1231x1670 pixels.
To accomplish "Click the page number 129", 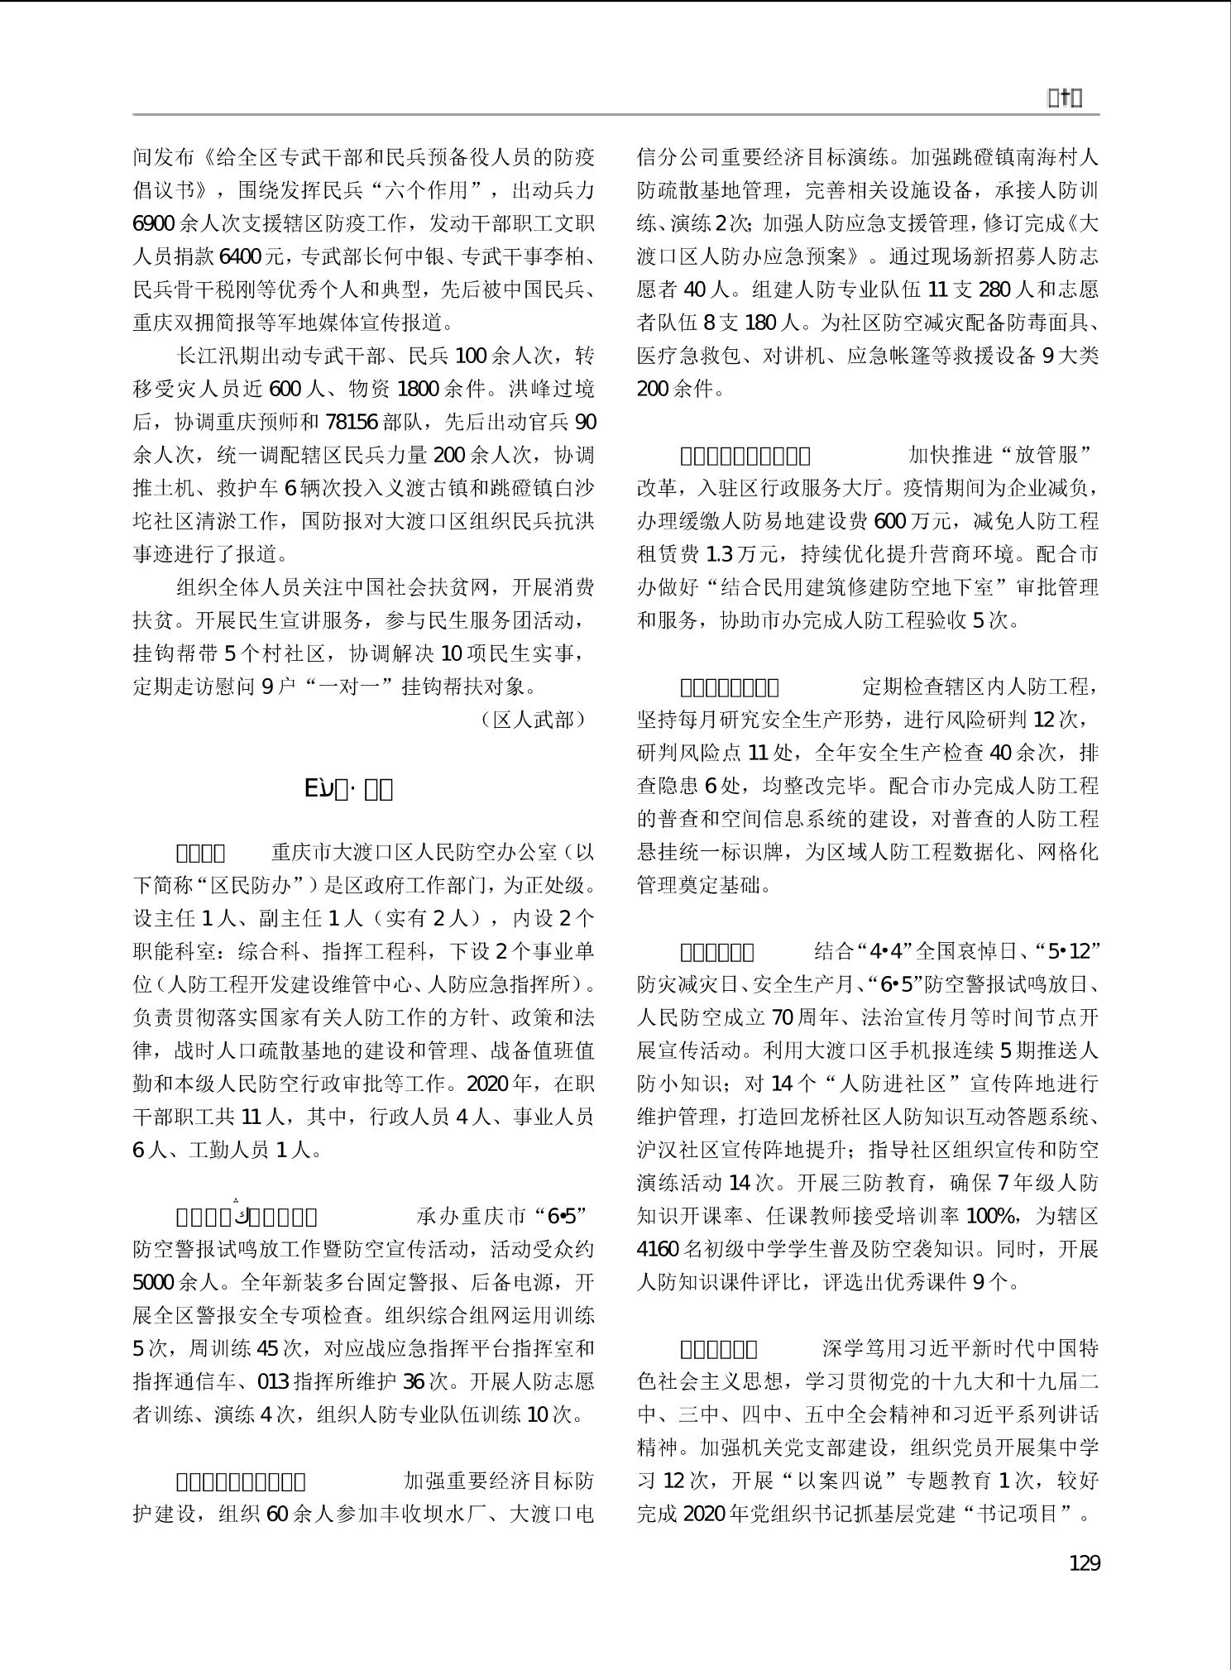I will pyautogui.click(x=1084, y=1562).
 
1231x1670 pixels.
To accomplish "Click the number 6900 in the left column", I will pyautogui.click(x=153, y=223).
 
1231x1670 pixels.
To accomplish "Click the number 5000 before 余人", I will pyautogui.click(x=153, y=1282).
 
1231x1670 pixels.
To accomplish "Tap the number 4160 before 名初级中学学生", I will pyautogui.click(x=659, y=1249).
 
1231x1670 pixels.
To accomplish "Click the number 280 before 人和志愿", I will pyautogui.click(x=995, y=289).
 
